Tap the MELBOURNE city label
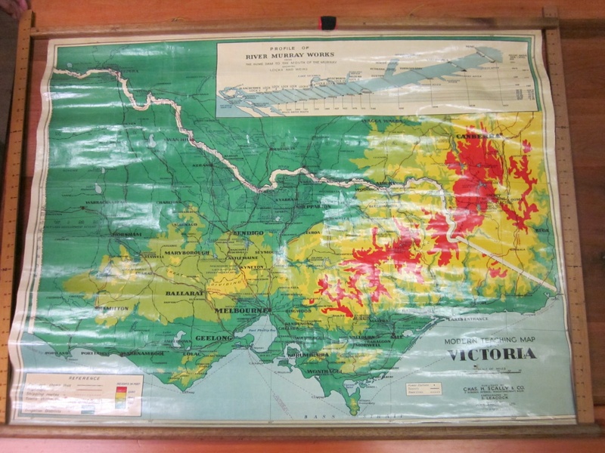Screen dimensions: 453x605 pyautogui.click(x=243, y=310)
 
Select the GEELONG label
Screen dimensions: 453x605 pyautogui.click(x=214, y=337)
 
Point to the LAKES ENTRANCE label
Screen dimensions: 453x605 pyautogui.click(x=470, y=319)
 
